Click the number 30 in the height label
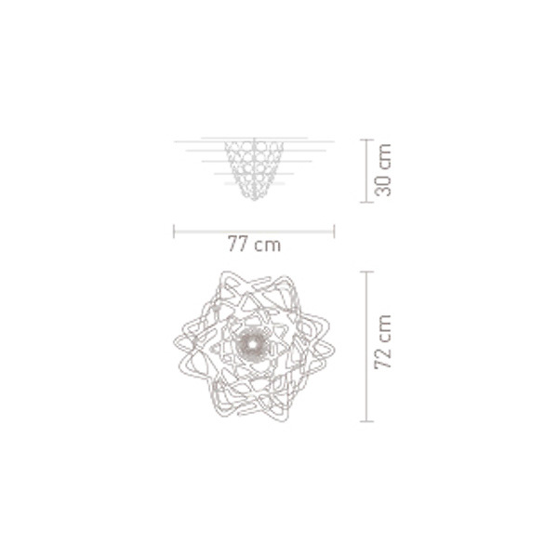383,185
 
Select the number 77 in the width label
237,244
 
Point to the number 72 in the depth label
383,357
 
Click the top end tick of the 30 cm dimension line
366,139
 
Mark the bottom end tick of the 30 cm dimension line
366,202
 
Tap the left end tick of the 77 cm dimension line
174,232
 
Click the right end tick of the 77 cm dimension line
334,232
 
